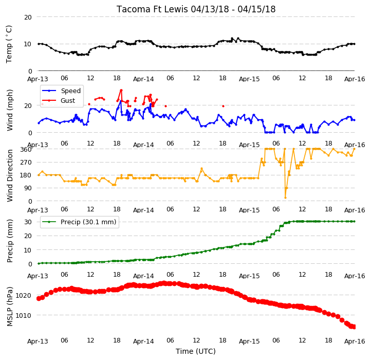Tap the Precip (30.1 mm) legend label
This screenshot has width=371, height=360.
[x=88, y=222]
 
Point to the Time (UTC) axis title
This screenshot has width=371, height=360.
[x=195, y=351]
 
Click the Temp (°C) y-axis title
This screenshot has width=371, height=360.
[x=9, y=44]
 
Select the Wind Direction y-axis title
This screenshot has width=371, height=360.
[x=10, y=175]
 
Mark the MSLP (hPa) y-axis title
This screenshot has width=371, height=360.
[x=10, y=307]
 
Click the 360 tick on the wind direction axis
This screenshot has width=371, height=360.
[x=26, y=150]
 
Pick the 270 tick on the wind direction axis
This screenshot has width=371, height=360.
[x=26, y=163]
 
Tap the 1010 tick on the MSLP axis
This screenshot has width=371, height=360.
[x=23, y=315]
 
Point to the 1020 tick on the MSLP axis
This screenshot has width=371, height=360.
[x=23, y=295]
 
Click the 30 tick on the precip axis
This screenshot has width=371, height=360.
[x=28, y=222]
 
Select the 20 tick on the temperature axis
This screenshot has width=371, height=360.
[x=28, y=17]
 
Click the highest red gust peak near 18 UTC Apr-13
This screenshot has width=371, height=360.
[x=121, y=90]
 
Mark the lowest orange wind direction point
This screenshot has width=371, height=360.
[x=285, y=197]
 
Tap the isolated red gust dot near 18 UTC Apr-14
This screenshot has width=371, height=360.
[x=223, y=106]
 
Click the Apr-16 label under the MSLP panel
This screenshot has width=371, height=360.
[x=355, y=341]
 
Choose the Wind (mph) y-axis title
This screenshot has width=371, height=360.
[x=10, y=110]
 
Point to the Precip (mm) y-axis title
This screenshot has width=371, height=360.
[x=10, y=241]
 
